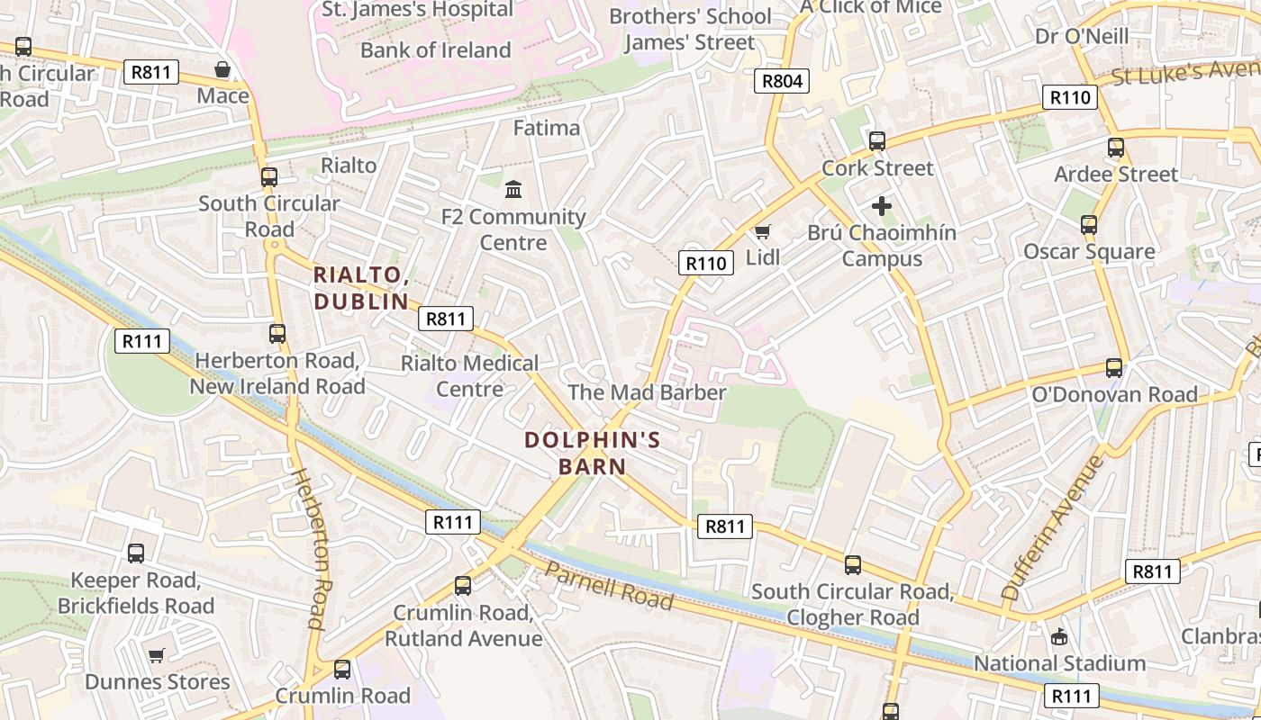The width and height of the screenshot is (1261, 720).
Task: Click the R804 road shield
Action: [x=782, y=81]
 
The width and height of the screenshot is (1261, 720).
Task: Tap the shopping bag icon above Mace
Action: [x=222, y=69]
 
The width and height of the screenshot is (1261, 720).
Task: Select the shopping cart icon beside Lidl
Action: [x=763, y=232]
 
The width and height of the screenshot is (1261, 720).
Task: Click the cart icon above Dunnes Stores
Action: [x=157, y=655]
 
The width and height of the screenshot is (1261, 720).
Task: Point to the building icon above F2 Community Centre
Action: [x=513, y=190]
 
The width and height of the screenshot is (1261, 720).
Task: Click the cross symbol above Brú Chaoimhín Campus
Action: [x=882, y=206]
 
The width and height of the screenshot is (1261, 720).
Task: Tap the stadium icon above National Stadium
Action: [x=1059, y=636]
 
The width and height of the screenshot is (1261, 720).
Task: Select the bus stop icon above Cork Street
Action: [x=877, y=141]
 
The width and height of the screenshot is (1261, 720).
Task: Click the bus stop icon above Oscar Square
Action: [x=1089, y=225]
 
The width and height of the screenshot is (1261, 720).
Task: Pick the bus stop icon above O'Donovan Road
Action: [x=1114, y=368]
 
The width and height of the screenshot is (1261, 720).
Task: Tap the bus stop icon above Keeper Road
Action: [x=136, y=553]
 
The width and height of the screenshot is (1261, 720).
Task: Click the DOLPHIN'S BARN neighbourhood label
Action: [x=592, y=454]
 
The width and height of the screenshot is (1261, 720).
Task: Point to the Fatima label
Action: [x=547, y=128]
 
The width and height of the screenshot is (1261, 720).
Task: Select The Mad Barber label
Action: [x=647, y=392]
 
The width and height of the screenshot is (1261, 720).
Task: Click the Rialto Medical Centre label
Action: [x=469, y=376]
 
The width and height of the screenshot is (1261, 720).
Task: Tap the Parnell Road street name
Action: [x=609, y=588]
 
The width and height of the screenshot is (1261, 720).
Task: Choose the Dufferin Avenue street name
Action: [x=1052, y=528]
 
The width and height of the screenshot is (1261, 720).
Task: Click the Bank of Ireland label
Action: [x=436, y=50]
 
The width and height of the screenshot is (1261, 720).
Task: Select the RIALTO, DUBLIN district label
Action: [x=361, y=288]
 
